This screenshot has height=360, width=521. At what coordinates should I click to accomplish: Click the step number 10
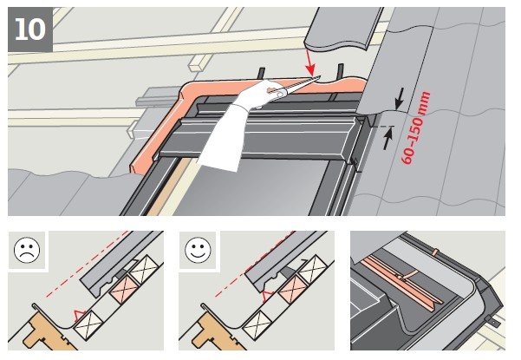click(30, 29)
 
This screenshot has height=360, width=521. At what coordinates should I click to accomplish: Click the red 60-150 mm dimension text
click(416, 128)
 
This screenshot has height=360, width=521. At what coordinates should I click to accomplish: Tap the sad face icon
click(27, 250)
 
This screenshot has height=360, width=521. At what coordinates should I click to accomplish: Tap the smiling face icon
click(198, 250)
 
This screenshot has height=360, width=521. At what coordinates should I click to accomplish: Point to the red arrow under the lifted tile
click(310, 62)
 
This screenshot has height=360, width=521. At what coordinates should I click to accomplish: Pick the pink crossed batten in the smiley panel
click(293, 289)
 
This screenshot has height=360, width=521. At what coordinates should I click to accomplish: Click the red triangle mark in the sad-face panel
click(80, 315)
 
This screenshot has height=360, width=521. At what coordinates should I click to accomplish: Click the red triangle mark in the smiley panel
click(268, 296)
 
